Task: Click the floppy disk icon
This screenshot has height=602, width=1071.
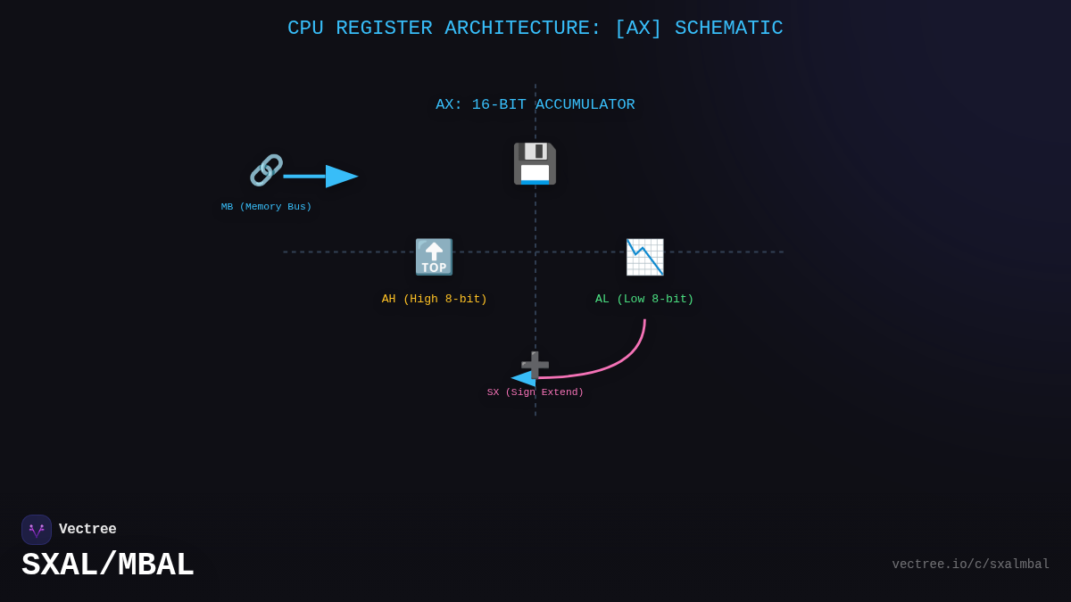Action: tap(535, 164)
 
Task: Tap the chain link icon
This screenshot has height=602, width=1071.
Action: tap(266, 169)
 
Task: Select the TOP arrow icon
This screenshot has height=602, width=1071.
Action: tap(434, 257)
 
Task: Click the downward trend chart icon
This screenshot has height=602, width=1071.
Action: tap(644, 257)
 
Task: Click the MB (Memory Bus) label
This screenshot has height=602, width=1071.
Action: tap(266, 207)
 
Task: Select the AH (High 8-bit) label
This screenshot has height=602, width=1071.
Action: tap(434, 300)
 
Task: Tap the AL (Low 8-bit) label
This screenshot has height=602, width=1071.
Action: tap(644, 300)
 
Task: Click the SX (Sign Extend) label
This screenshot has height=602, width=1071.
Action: tap(535, 392)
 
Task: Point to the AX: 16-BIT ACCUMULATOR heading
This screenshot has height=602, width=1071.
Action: tap(535, 105)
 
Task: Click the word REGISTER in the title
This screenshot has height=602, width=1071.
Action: tap(384, 29)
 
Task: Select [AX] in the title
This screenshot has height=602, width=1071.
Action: tap(638, 29)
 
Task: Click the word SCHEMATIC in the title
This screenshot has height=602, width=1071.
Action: tap(728, 29)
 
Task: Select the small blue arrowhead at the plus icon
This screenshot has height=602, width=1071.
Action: tap(522, 378)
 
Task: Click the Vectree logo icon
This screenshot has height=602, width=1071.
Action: tap(37, 530)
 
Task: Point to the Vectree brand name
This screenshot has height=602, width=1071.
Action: tap(87, 530)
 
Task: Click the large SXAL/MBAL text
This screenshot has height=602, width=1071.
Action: tap(107, 565)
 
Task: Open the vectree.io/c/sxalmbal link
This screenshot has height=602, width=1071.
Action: tap(970, 565)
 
